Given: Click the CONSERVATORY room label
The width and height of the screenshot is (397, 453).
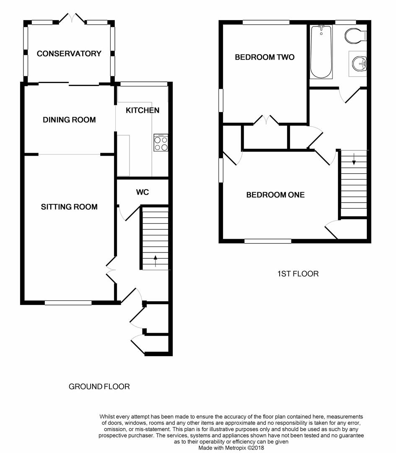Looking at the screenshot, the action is pyautogui.click(x=69, y=53).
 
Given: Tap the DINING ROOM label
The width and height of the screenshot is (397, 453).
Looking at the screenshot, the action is pyautogui.click(x=69, y=120).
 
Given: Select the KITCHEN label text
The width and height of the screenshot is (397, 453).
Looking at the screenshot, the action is pyautogui.click(x=143, y=110).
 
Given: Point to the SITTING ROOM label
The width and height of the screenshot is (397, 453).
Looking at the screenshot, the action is pyautogui.click(x=69, y=206).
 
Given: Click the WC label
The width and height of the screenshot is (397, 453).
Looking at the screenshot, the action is pyautogui.click(x=143, y=192).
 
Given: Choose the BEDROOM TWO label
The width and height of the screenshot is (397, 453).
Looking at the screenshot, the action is pyautogui.click(x=265, y=57).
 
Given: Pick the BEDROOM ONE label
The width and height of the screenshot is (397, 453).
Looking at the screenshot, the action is pyautogui.click(x=275, y=195).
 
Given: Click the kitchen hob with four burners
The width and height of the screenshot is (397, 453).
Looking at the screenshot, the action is pyautogui.click(x=161, y=143).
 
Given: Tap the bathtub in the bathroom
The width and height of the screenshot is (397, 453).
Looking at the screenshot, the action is pyautogui.click(x=321, y=52).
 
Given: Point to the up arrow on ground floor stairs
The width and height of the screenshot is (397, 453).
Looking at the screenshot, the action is pyautogui.click(x=156, y=261).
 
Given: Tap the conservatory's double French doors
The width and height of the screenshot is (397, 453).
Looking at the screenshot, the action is pyautogui.click(x=72, y=18).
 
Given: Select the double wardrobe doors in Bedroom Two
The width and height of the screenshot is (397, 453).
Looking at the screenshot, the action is pyautogui.click(x=266, y=120).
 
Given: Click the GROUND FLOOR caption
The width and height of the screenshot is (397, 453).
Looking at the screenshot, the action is pyautogui.click(x=99, y=387).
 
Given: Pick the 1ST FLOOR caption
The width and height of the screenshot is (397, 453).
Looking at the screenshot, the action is pyautogui.click(x=298, y=273).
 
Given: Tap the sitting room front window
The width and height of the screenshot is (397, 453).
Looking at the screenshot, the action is pyautogui.click(x=68, y=303).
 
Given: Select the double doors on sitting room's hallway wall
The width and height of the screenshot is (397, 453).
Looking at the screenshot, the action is pyautogui.click(x=111, y=270).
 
